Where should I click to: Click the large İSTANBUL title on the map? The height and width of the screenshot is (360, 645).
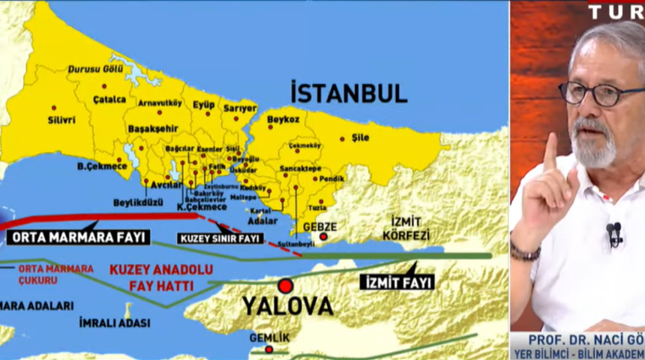coord(349,93)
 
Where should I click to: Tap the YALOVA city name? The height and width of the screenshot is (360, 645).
coord(287,306)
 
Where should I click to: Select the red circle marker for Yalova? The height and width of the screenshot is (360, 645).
coord(285,286)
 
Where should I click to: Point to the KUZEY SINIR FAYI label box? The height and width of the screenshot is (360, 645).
coord(219,238)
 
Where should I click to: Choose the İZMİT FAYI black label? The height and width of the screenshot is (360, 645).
coord(397,282)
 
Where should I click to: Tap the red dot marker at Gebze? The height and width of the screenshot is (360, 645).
coord(323,237)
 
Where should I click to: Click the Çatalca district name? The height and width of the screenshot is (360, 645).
coord(109,99)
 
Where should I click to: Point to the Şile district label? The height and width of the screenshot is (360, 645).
coord(360,137)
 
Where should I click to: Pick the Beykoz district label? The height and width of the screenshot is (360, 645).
coord(283,119)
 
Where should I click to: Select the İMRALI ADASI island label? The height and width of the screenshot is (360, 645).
coord(114,322)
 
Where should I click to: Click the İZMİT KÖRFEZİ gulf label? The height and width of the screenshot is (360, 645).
coord(406,227)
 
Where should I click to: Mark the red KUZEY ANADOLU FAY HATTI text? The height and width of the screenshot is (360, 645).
coord(161,277)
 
